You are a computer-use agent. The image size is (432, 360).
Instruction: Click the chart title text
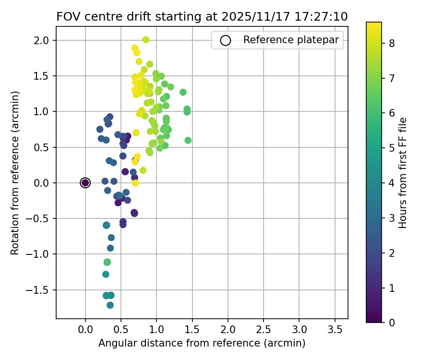[x=202, y=16]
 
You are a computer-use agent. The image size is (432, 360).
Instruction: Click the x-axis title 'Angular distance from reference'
[x=202, y=343]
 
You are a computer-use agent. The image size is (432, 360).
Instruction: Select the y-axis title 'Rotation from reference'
[x=15, y=173]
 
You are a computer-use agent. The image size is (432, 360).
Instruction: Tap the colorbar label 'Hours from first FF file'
[x=403, y=173]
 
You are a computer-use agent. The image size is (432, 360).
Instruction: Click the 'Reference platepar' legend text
[x=293, y=40]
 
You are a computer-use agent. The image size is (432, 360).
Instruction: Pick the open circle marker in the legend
[x=226, y=40]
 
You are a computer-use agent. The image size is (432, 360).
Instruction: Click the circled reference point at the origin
[x=85, y=182]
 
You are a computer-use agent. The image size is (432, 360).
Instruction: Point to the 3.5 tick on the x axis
[x=335, y=330]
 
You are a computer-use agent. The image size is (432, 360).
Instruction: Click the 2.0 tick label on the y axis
[x=42, y=40]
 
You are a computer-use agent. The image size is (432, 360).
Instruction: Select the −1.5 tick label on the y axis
[x=39, y=290]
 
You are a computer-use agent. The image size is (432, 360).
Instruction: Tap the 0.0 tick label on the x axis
[x=85, y=330]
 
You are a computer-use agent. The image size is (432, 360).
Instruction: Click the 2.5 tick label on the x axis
[x=264, y=330]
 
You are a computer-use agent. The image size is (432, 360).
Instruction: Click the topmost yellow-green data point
[x=146, y=40]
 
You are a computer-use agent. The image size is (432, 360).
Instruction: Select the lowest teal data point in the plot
[x=110, y=305]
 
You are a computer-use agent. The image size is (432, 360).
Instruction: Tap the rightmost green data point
[x=188, y=140]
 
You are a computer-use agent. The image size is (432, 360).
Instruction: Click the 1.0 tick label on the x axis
[x=156, y=330]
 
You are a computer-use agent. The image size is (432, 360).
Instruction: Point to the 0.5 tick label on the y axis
[x=42, y=147]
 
